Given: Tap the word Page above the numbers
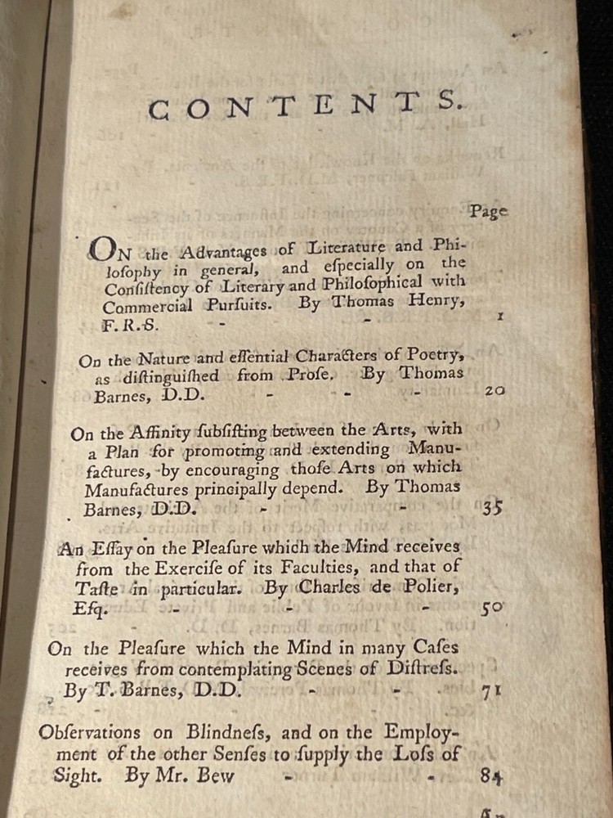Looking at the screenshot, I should click(x=488, y=211).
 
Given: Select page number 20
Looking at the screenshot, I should click(x=494, y=391).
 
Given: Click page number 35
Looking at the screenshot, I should click(x=492, y=507).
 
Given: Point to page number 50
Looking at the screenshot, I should click(x=492, y=608).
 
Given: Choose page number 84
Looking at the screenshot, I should click(x=491, y=777).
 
